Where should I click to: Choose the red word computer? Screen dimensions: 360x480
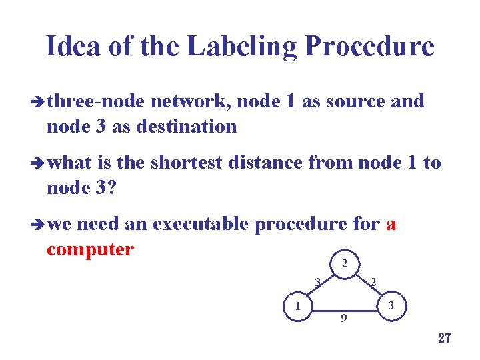[x=91, y=249]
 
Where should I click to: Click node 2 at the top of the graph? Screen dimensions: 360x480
[x=344, y=263]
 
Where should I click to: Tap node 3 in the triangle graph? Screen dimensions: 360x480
[x=393, y=306]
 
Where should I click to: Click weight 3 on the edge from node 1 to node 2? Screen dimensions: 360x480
[x=318, y=281]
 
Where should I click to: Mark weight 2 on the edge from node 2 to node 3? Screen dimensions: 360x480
[x=373, y=283]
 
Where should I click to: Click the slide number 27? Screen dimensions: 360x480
[x=445, y=338]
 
